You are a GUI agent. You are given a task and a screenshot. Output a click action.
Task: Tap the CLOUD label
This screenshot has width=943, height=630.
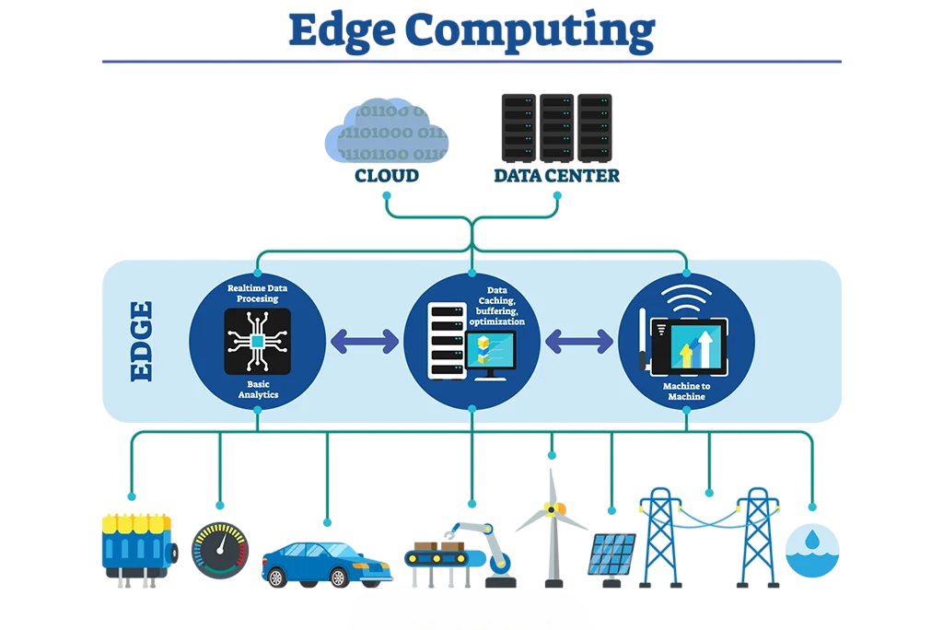387,175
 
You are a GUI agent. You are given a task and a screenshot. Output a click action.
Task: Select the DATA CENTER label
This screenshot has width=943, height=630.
556,175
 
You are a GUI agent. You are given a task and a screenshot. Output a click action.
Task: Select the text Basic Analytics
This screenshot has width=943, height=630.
257,389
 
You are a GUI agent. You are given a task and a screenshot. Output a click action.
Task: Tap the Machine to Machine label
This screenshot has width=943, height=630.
686,391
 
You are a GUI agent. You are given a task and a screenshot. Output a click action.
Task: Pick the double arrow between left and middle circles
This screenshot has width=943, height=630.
364,342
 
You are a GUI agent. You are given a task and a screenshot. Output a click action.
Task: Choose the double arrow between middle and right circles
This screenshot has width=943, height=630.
578,342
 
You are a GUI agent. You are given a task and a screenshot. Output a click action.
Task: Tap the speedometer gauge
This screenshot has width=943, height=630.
219,551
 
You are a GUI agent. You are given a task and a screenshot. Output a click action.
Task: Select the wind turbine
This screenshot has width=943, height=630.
552,525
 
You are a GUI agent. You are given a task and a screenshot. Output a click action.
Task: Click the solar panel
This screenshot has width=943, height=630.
611,555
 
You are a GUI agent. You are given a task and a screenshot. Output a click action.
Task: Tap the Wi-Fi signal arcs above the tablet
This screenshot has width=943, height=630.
685,299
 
